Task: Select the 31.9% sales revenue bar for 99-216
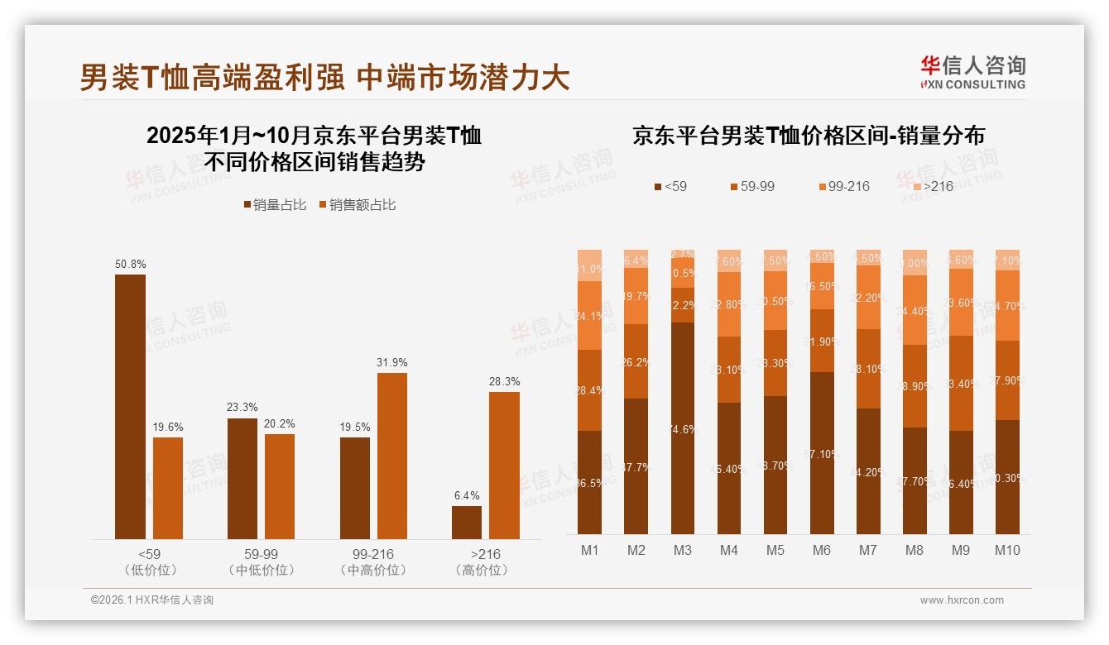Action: (392, 456)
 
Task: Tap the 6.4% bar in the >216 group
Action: (467, 523)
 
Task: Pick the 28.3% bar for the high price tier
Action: (504, 465)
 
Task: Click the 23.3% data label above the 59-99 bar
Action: (242, 407)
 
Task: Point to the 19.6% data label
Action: (168, 427)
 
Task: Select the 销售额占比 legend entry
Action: (357, 204)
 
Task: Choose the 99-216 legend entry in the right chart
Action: (843, 186)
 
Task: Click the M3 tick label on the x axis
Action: (682, 550)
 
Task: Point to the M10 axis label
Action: (1006, 550)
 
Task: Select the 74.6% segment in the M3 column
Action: (682, 428)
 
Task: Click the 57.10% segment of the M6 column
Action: (821, 453)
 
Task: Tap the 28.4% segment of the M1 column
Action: (589, 389)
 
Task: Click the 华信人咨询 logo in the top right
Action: (972, 72)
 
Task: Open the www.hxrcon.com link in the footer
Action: (962, 600)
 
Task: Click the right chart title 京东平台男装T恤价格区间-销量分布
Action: (808, 135)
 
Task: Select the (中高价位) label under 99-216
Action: (373, 571)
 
